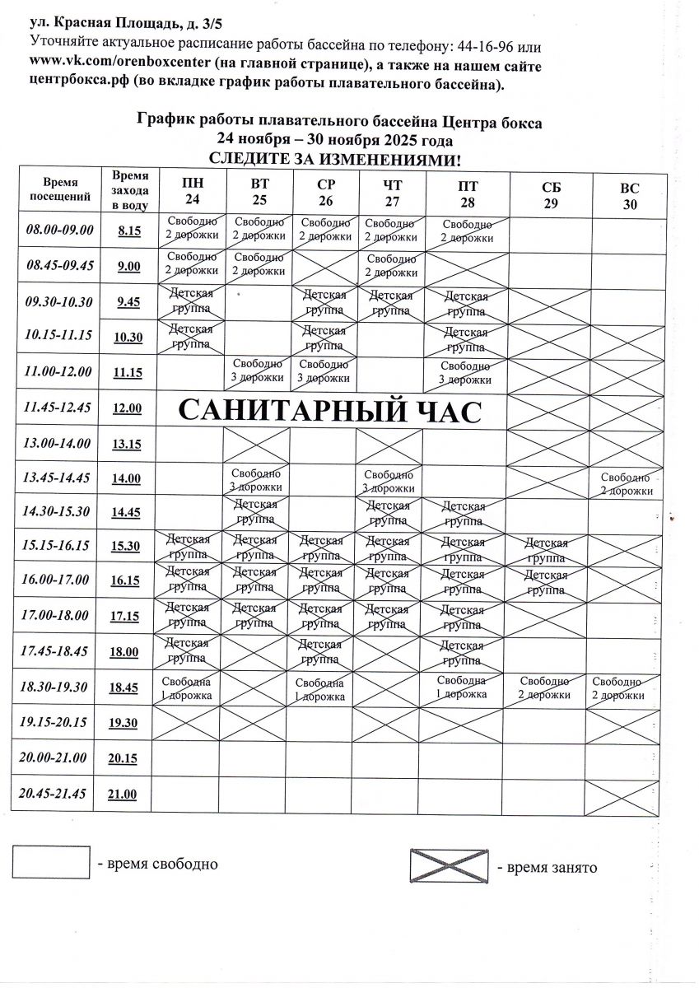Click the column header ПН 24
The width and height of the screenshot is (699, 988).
tap(192, 192)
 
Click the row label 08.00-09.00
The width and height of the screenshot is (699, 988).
tap(60, 231)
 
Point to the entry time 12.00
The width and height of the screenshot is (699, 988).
tap(127, 408)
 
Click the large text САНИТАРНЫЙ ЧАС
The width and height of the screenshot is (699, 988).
tap(329, 409)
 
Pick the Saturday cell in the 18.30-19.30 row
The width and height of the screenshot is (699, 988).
tap(544, 687)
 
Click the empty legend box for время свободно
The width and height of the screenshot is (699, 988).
tap(51, 863)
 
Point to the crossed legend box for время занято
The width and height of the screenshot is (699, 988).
tap(451, 864)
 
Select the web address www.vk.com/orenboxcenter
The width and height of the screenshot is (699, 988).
tap(113, 66)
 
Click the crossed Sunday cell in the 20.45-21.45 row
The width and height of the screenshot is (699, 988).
tap(622, 795)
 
